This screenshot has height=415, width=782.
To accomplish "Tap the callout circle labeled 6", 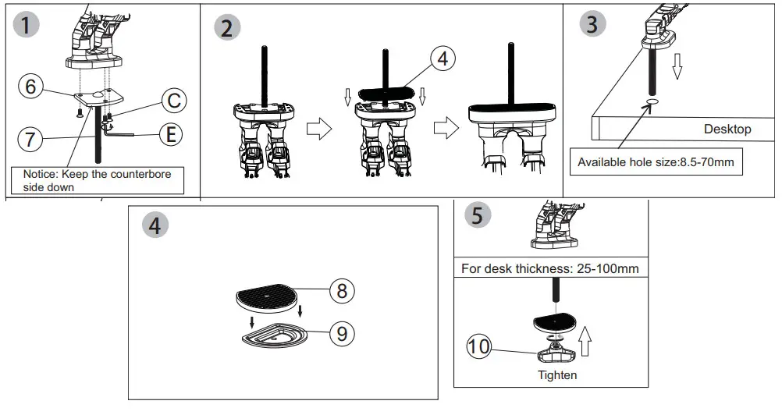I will (30, 86).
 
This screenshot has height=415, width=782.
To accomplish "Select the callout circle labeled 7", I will (30, 140).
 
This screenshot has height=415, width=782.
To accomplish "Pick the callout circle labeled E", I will (168, 134).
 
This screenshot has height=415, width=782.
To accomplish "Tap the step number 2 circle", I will (227, 28).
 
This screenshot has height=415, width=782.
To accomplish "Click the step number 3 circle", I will (592, 23).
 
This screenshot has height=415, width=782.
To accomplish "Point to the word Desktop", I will (727, 129).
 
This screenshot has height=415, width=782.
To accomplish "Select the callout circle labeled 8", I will (341, 291).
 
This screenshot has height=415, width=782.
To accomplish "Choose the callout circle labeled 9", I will (341, 333).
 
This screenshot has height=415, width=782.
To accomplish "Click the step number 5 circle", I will (477, 215).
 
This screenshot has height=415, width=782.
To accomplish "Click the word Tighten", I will (557, 375).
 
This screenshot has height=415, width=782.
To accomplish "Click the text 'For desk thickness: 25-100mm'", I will (550, 268).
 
